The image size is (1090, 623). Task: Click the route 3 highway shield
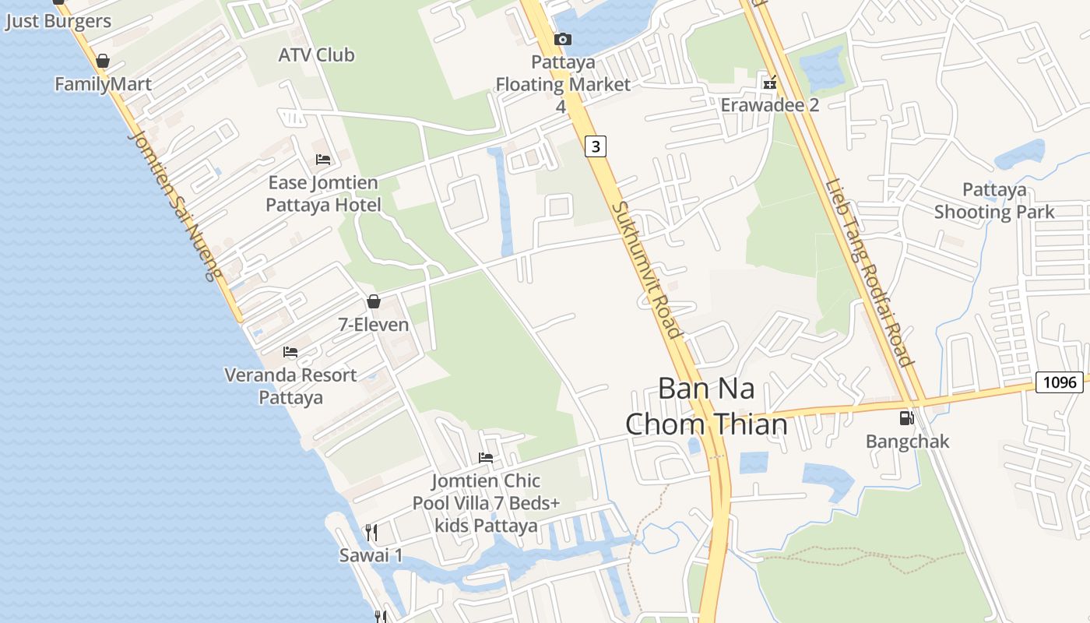596,146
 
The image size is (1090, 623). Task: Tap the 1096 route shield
1060,382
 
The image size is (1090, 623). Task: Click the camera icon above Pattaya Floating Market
562,39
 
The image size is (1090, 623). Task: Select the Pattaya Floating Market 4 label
563,83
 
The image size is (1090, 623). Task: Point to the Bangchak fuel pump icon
906,418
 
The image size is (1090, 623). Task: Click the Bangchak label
907,442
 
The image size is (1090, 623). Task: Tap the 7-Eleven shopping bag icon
374,301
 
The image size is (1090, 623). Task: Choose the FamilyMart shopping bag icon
103,61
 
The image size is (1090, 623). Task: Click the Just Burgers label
58,21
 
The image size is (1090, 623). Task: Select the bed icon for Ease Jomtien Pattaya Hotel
323,160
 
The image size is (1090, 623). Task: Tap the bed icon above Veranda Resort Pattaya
290,352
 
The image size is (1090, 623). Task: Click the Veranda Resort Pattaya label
290,386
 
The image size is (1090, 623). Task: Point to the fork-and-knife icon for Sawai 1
371,533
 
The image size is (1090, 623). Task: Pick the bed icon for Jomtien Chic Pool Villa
486,458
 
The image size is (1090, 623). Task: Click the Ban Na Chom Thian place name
706,406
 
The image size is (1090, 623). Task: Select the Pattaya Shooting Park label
993,201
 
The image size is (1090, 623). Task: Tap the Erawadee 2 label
769,104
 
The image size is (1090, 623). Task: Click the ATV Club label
316,55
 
